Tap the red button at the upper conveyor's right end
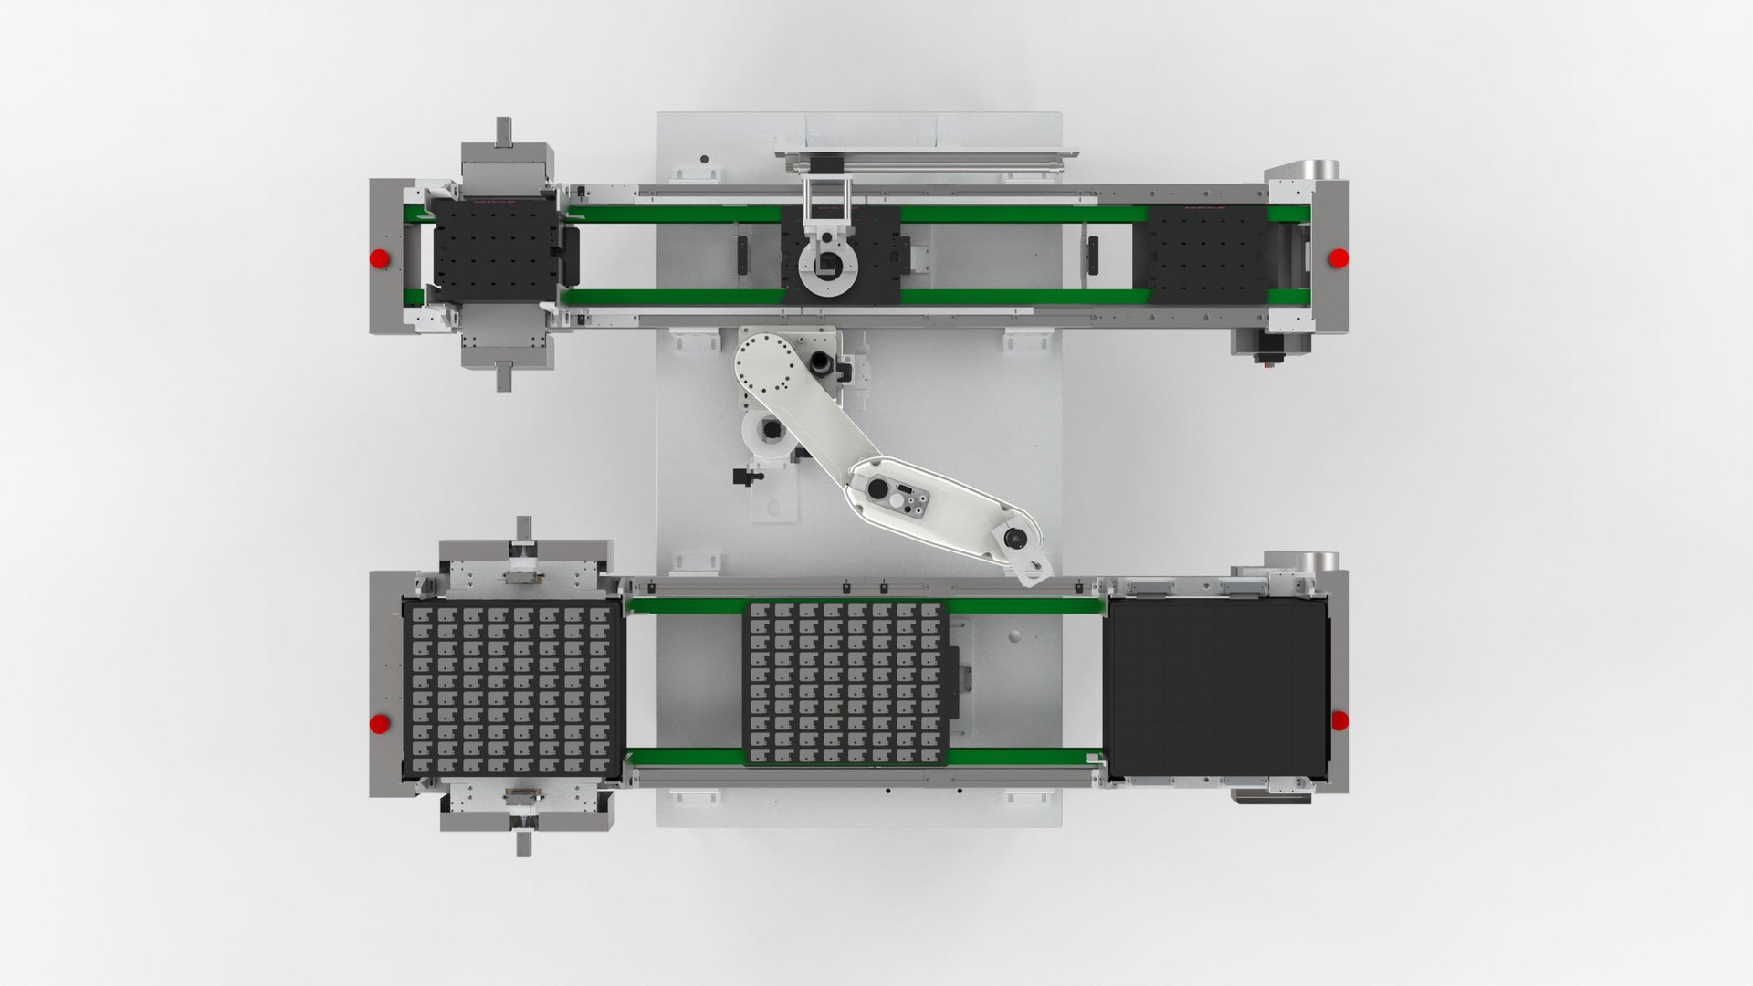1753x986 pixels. coord(1338,258)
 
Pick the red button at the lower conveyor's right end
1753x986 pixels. coord(1339,721)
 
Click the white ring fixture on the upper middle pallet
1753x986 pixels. coord(830,266)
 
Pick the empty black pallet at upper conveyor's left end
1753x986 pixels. coord(493,252)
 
